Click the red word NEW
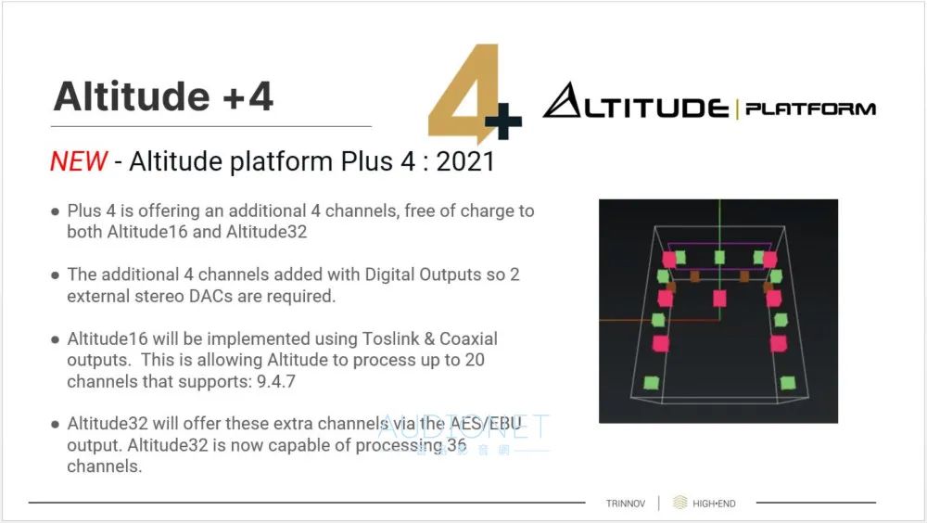pos(79,161)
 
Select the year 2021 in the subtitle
pos(465,161)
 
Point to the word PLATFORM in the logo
pos(810,108)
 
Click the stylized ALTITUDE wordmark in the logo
pos(636,100)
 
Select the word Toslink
pos(389,339)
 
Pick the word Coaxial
pos(468,339)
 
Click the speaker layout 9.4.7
pos(275,382)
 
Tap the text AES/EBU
pos(486,424)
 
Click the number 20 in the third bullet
pos(474,360)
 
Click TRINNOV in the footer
pos(626,504)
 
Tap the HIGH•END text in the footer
pos(714,504)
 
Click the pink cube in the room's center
pos(719,299)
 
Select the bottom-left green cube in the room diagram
pos(651,383)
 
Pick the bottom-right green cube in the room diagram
pos(787,383)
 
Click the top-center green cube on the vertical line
pos(719,257)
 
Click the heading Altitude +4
pos(163,96)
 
